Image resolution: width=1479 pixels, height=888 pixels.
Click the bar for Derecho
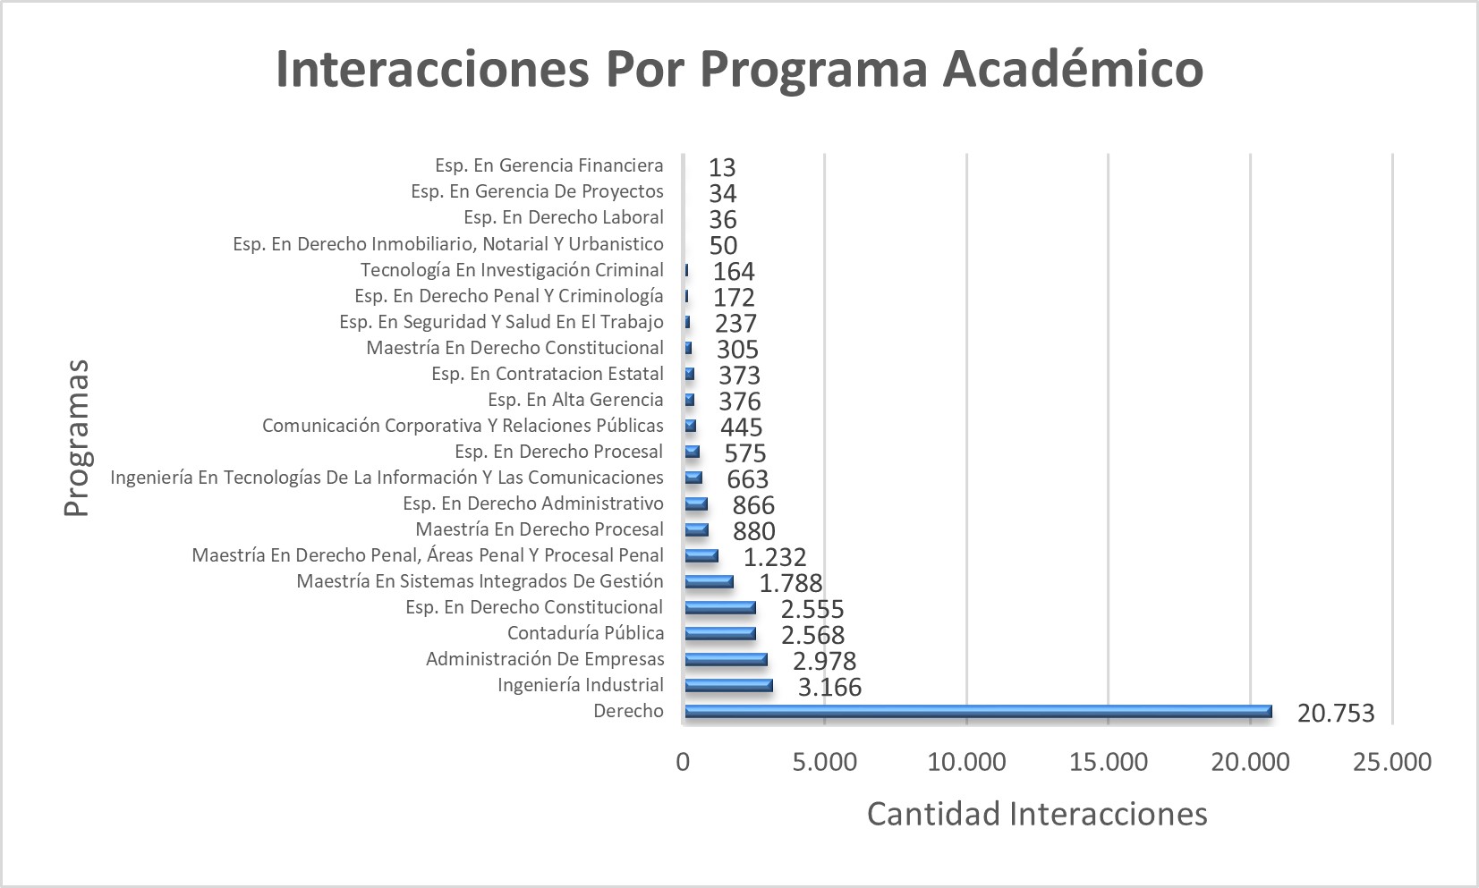[977, 712]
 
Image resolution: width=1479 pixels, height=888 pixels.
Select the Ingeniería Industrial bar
[728, 686]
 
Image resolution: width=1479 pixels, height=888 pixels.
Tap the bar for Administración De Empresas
[726, 660]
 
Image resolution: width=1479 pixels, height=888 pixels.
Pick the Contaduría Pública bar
[720, 634]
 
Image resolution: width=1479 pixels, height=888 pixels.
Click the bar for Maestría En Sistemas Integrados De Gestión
[709, 582]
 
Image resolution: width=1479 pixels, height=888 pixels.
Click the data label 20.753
[1335, 713]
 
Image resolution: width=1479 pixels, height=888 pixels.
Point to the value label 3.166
[829, 687]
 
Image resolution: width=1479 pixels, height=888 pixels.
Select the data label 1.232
[775, 557]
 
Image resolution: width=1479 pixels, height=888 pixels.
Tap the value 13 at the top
[722, 167]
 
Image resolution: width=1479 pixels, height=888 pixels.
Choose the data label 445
[741, 427]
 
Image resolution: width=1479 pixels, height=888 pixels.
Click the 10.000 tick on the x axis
[967, 762]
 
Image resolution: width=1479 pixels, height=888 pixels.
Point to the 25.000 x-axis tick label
[1392, 762]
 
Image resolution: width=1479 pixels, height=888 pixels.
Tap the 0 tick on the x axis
[684, 762]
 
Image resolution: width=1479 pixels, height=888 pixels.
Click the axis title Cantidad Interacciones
[1037, 814]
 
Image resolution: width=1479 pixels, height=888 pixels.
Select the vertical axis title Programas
[77, 437]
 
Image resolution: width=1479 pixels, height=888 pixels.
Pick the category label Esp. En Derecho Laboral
[563, 217]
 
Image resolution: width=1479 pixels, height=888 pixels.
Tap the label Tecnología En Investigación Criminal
[512, 270]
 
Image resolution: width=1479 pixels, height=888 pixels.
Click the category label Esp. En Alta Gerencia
[575, 400]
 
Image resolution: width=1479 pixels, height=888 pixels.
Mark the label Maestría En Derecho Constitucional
[514, 348]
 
